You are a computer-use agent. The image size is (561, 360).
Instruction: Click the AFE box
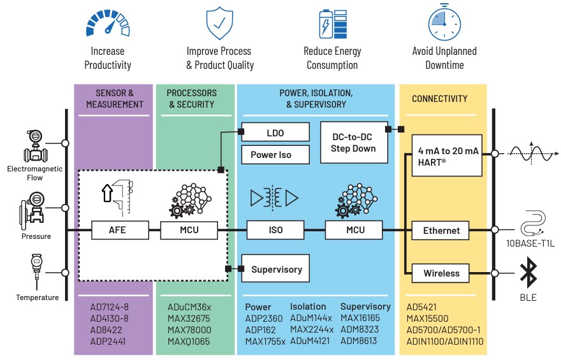click(x=117, y=230)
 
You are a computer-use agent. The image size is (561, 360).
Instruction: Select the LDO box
click(x=275, y=133)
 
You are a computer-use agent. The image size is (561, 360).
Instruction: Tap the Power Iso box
click(x=275, y=155)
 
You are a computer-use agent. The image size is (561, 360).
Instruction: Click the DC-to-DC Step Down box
click(x=353, y=142)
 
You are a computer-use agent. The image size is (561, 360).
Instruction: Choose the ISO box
click(x=275, y=230)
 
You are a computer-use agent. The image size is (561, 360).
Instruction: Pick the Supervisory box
click(x=276, y=269)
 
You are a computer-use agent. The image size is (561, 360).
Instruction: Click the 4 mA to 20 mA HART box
click(x=446, y=155)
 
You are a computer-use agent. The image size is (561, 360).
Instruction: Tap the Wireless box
click(x=441, y=273)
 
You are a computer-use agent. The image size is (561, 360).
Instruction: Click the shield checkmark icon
click(x=219, y=23)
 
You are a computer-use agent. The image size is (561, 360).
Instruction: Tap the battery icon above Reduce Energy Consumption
click(x=332, y=24)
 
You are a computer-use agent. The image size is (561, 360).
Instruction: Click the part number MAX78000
click(x=189, y=329)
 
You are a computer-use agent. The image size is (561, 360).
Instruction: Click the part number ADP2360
click(x=263, y=318)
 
